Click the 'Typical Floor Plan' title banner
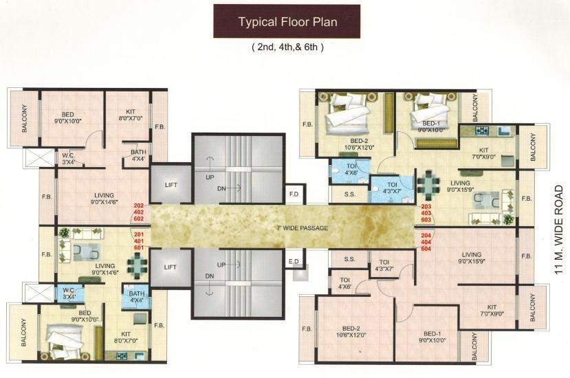point(287,21)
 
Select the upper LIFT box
point(171,185)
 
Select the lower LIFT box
point(171,266)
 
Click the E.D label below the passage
point(294,260)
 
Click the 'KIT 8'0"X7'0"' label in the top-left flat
point(130,114)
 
